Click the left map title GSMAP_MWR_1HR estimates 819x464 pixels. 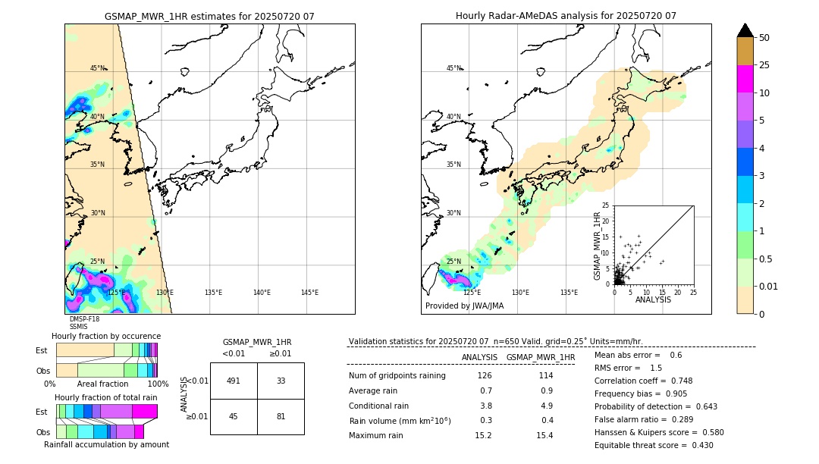click(209, 16)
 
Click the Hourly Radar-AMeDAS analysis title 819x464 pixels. click(566, 16)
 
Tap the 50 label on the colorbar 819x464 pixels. click(764, 38)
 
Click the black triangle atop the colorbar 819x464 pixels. click(745, 30)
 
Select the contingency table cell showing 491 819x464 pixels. click(234, 381)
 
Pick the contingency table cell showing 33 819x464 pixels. click(281, 381)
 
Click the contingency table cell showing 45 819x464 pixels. click(234, 416)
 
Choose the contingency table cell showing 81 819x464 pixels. click(281, 416)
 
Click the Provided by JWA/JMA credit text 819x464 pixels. click(464, 306)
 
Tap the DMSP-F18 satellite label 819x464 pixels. click(84, 320)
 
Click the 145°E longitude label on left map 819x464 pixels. click(309, 293)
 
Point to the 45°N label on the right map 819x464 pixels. click(453, 68)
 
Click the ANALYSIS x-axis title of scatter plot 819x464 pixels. click(653, 300)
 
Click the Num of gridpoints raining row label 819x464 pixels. click(397, 375)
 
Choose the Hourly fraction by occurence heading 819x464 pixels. click(106, 336)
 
